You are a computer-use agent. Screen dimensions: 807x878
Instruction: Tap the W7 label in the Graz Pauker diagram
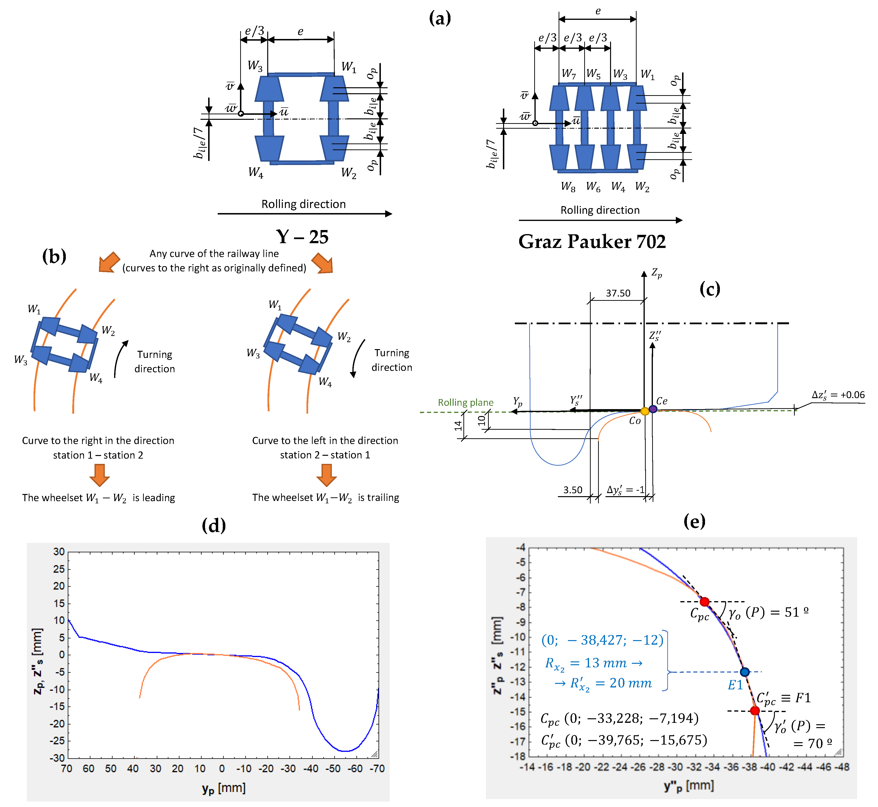point(568,74)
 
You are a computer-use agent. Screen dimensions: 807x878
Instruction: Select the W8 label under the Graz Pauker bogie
point(568,187)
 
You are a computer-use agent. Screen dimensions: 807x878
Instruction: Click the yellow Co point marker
point(645,411)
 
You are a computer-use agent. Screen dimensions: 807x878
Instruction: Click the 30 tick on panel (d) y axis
point(59,552)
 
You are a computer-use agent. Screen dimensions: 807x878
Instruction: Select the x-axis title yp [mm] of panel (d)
point(224,788)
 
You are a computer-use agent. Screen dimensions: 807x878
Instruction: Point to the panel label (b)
point(54,256)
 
